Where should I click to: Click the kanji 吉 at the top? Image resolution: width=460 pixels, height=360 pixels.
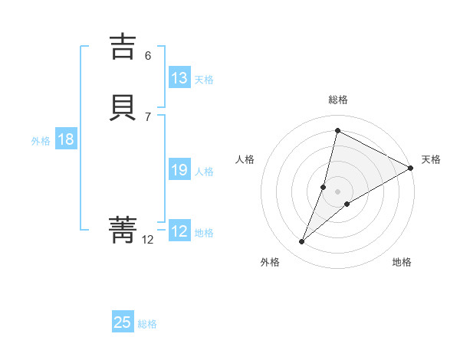tap(123, 47)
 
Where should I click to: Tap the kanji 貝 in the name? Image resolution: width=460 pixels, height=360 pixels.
tap(123, 108)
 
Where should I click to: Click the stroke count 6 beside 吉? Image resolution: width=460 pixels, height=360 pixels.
tap(148, 55)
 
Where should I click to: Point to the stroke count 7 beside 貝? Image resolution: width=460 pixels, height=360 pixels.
tap(148, 116)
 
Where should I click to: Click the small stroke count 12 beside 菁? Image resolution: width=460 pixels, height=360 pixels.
tap(148, 239)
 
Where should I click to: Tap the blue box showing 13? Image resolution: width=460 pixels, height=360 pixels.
tap(179, 78)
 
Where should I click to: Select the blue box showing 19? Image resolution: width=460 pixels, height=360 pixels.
tap(179, 170)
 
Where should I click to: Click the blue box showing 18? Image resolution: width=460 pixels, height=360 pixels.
tap(65, 139)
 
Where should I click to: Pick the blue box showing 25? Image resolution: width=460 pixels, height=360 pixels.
tap(123, 322)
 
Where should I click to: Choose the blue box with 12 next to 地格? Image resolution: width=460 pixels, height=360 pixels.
tap(179, 231)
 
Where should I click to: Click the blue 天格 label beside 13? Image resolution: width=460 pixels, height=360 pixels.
tap(204, 80)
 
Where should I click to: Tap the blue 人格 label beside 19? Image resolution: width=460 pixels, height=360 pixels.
tap(204, 172)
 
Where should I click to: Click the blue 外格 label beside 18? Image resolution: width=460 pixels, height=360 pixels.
tap(41, 141)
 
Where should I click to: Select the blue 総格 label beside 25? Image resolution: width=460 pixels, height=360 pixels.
tap(147, 324)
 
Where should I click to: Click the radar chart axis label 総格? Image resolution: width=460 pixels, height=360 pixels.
tap(337, 100)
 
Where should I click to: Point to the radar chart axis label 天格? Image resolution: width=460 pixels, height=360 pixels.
tap(431, 159)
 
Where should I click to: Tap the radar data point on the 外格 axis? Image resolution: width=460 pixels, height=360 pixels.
tap(302, 242)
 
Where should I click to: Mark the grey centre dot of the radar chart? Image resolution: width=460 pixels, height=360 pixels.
tap(337, 191)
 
